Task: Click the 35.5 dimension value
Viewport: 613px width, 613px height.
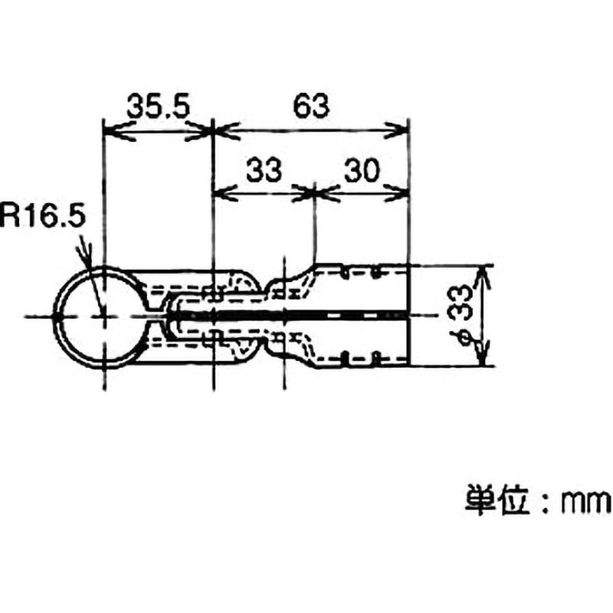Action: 158,107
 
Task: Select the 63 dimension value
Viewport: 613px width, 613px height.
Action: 311,106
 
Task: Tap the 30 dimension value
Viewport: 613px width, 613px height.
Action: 362,170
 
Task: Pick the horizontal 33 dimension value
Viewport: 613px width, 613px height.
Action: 264,170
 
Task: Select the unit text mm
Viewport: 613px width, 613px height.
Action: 586,503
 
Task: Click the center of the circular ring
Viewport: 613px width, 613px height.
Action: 104,316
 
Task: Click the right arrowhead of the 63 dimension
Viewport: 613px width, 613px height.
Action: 398,130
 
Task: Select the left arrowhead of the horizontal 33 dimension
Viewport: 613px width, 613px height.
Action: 224,193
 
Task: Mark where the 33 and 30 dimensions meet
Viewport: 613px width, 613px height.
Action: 315,193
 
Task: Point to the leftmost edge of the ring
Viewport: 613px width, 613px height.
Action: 53,316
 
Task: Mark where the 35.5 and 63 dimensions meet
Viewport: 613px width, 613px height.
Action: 212,131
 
